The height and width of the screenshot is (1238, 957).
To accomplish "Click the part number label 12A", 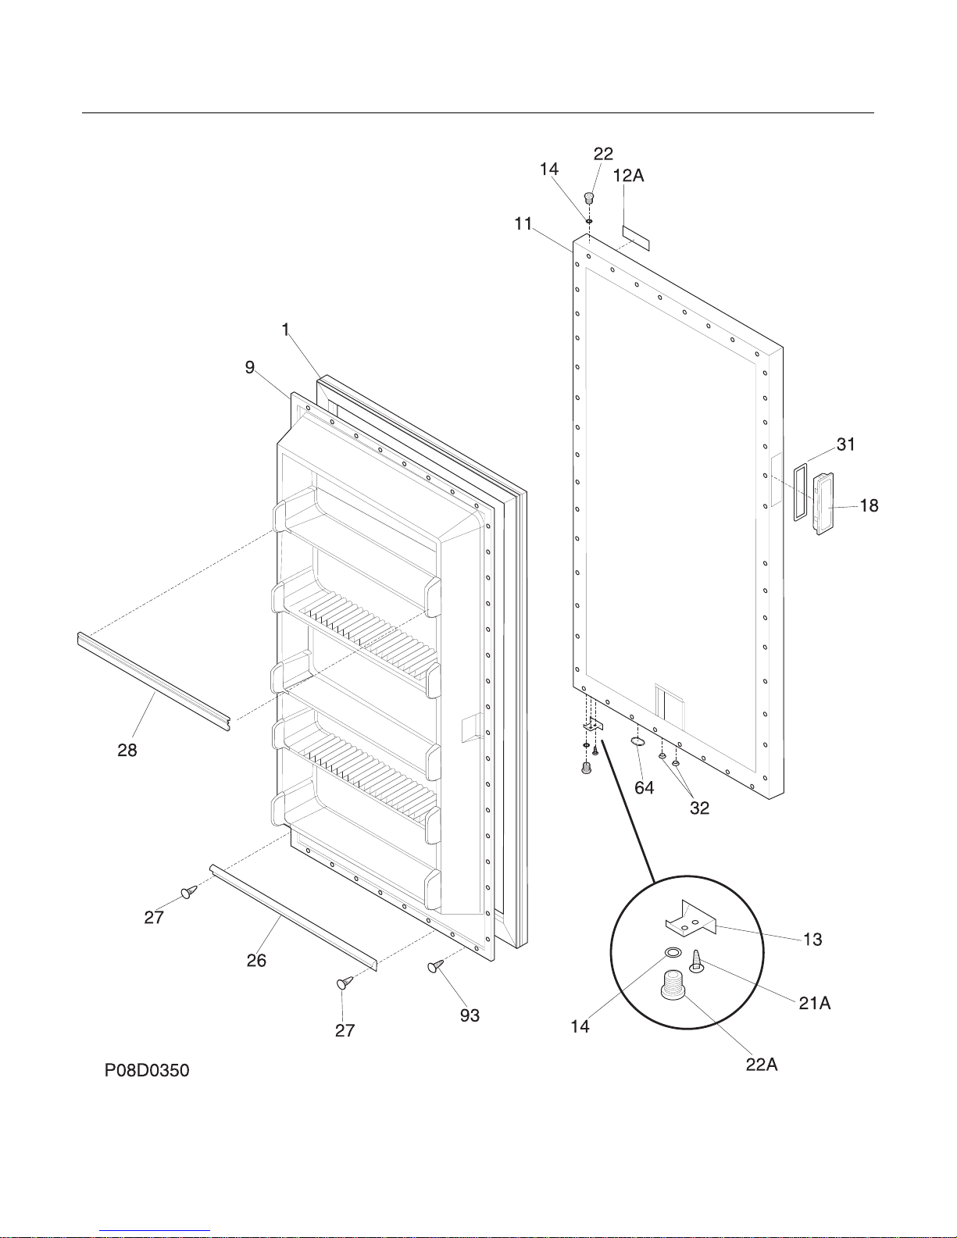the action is tap(628, 176).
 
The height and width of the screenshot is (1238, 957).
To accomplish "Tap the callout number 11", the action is tap(523, 224).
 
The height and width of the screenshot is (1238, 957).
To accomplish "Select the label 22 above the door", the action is tap(603, 154).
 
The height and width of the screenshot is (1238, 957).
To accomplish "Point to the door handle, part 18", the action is tap(823, 504).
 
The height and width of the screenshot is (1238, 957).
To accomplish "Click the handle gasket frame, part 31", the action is tap(800, 492).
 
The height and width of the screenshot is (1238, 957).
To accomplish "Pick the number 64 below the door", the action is tap(645, 788).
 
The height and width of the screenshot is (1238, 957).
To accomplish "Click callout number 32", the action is tap(699, 808).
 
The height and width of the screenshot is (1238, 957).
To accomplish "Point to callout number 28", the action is tap(127, 751).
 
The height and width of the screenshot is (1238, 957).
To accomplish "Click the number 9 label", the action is tap(249, 367).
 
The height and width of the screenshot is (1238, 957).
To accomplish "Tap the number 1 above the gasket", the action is tap(285, 330).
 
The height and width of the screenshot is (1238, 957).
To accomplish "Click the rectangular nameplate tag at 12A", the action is tap(636, 238).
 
